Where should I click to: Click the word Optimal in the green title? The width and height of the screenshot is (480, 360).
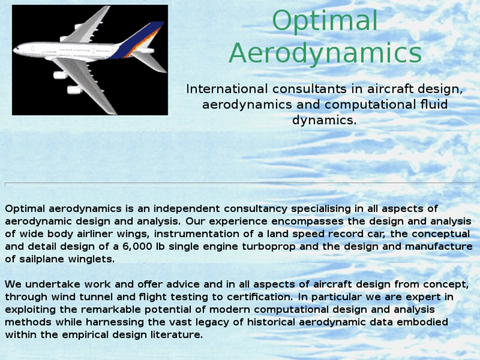[325, 21]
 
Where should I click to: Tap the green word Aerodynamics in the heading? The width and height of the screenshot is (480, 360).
[325, 54]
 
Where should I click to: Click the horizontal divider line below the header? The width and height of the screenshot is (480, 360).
[240, 184]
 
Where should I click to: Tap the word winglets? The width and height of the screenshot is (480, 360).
[92, 259]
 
